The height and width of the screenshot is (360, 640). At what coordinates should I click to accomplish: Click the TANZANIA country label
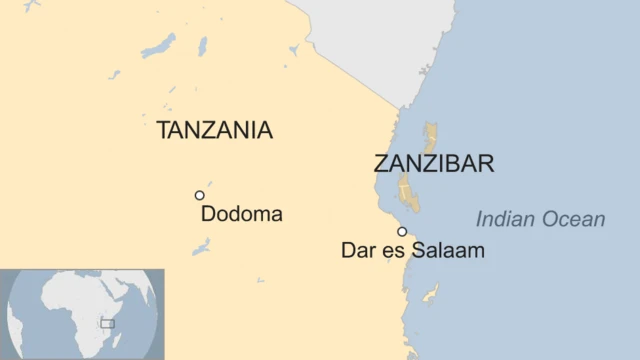coord(215,130)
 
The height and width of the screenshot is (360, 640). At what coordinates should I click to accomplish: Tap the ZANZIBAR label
coord(434,163)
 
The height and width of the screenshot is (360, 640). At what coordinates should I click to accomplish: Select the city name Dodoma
coord(242,214)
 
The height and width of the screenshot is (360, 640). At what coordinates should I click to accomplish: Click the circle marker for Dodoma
coord(200,195)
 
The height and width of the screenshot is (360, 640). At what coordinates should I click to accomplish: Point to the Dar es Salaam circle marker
coord(402,231)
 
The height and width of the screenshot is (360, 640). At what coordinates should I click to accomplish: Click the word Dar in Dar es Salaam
coord(358,251)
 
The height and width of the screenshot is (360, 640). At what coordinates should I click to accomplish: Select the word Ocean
coord(572,220)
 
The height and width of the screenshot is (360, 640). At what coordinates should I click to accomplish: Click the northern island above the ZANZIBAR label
coord(431,136)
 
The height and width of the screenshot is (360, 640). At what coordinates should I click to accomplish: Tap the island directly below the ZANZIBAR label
coord(408,192)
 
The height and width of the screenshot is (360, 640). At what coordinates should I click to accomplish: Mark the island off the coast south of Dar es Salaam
coord(431,293)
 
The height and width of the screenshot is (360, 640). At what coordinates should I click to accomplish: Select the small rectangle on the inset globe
coord(107,324)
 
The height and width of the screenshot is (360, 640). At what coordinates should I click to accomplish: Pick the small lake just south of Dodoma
coord(201,245)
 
